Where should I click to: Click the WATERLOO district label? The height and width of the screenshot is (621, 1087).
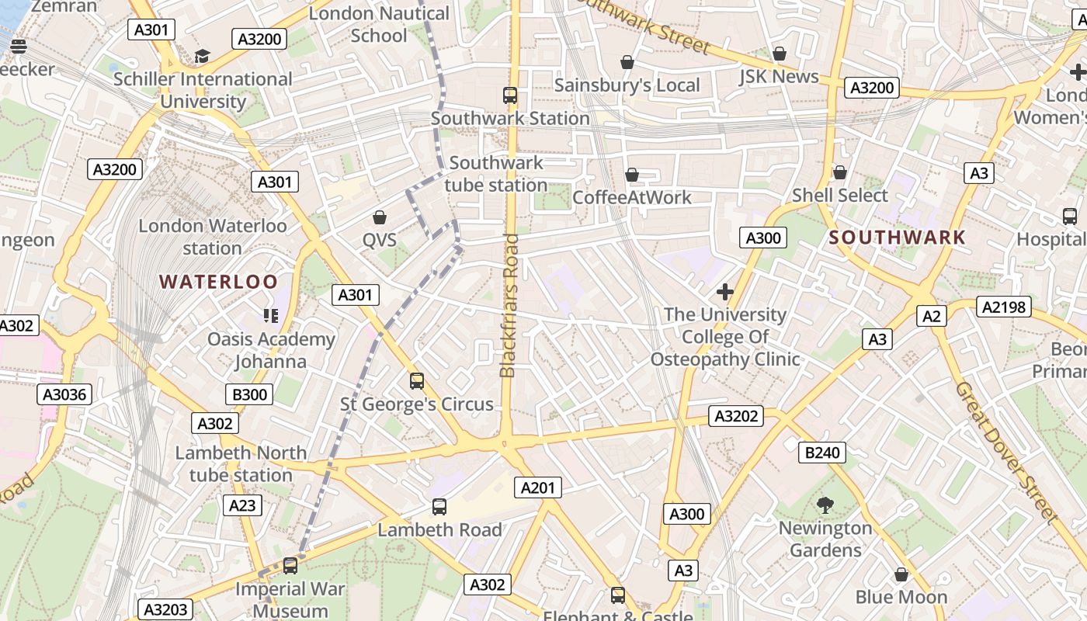click(x=218, y=281)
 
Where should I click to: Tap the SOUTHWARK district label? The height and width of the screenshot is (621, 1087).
click(x=898, y=238)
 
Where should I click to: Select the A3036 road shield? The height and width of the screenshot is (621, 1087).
click(x=64, y=394)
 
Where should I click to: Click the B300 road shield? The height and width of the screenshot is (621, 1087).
click(x=250, y=394)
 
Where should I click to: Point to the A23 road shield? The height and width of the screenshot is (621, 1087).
click(x=242, y=505)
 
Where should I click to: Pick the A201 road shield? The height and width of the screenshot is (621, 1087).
click(x=537, y=487)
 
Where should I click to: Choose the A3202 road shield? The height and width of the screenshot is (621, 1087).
click(x=736, y=416)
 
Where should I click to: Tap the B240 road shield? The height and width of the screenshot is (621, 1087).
click(x=822, y=452)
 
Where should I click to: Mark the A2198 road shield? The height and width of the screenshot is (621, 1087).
click(x=1004, y=307)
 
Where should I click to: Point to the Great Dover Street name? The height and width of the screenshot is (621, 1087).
click(x=1006, y=452)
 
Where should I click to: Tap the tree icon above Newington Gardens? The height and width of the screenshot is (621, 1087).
click(x=825, y=505)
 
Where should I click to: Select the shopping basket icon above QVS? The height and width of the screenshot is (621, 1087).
click(x=380, y=217)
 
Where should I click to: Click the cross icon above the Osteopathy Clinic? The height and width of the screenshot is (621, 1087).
click(x=725, y=292)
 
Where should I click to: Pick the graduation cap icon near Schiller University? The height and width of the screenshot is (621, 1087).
click(x=202, y=56)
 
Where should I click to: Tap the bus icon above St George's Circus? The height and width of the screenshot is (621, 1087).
click(x=417, y=381)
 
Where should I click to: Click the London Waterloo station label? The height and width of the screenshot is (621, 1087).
click(x=213, y=237)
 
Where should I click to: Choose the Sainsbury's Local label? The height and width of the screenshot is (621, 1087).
click(x=627, y=85)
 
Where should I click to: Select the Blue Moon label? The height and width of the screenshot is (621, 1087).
click(x=901, y=597)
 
